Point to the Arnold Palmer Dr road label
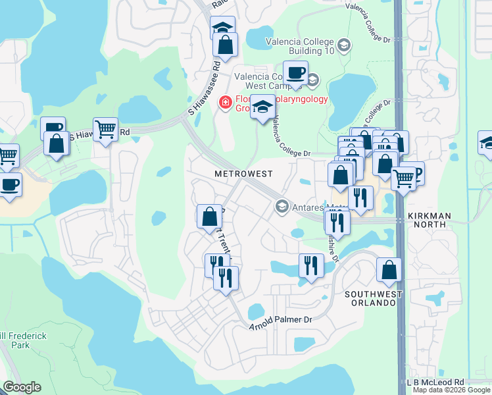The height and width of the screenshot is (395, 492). pos(279,321)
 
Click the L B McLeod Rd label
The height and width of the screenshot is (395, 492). pos(435,382)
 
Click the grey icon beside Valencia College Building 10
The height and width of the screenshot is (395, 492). pos(343,45)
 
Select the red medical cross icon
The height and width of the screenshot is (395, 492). pos(225,103)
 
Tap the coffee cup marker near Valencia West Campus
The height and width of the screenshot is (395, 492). pos(295,72)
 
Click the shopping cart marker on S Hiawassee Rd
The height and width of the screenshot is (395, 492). pos(105,130)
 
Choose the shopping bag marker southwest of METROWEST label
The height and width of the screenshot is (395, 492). pos(209,215)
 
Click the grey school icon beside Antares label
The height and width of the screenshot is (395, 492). pos(282,207)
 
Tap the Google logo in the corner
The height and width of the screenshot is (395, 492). pos(22,387)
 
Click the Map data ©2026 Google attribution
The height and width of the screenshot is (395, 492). pos(451,390)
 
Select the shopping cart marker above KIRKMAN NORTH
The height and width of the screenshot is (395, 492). pos(403,177)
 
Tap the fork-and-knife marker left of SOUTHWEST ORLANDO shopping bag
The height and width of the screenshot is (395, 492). pos(311,265)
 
